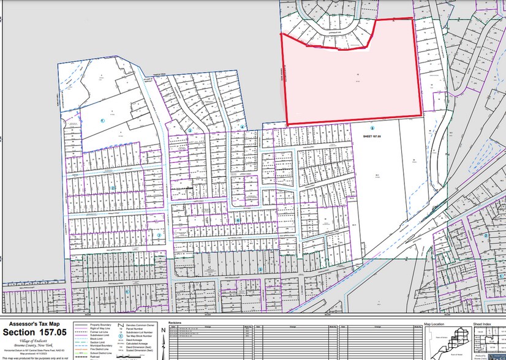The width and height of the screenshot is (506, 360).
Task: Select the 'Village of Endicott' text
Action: tap(34, 340)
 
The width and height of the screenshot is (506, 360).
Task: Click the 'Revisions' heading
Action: tap(174, 321)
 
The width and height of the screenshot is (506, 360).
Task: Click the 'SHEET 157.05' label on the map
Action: tap(372, 137)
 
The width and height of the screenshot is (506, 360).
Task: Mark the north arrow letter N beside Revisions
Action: tap(163, 330)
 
